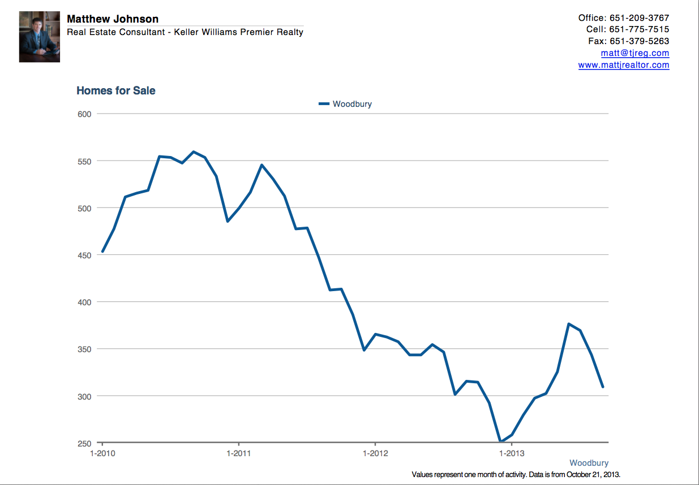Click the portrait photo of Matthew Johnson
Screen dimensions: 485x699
tap(40, 37)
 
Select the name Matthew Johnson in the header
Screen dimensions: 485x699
tap(113, 19)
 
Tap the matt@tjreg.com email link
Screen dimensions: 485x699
tap(635, 53)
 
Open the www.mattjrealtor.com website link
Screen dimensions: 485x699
tap(624, 65)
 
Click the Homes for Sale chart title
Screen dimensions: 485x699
tap(116, 90)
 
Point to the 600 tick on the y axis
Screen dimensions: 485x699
tap(85, 114)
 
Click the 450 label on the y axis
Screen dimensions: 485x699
tap(85, 255)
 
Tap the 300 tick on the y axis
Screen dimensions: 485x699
tap(85, 396)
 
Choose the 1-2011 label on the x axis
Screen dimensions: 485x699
tap(239, 453)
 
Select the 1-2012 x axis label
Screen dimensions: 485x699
tap(375, 453)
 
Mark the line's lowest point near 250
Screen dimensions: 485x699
tap(500, 441)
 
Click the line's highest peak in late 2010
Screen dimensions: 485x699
tap(194, 151)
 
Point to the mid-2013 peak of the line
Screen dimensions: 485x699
tap(568, 324)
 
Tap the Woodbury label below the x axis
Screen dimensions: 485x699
tap(589, 463)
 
